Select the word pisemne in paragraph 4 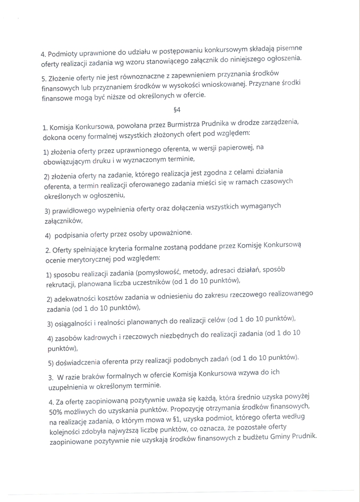click(x=289, y=48)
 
